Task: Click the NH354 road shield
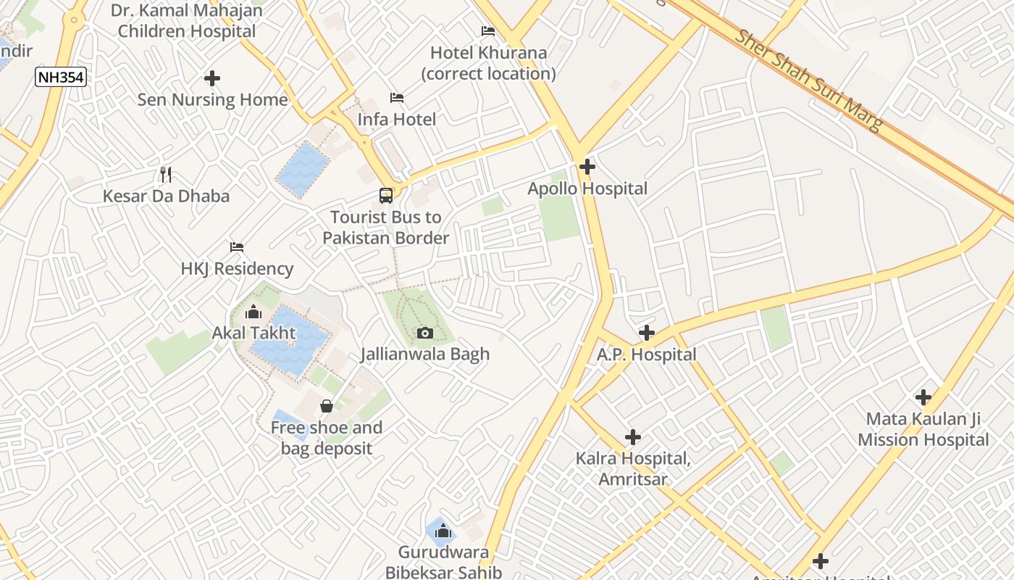pos(61,77)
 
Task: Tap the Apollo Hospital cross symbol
pos(587,167)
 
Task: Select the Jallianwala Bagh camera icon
pos(425,333)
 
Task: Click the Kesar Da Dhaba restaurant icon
pos(166,174)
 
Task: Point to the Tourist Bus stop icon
pos(386,195)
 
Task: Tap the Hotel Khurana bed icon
pos(488,31)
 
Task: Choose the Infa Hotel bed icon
pos(397,98)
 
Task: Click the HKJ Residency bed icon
pos(237,247)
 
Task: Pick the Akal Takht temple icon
pos(253,312)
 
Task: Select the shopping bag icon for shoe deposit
pos(327,405)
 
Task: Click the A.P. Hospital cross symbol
pos(647,333)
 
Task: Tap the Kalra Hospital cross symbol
pos(633,437)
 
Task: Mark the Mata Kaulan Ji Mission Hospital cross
pos(923,397)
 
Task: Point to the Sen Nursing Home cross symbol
pos(212,78)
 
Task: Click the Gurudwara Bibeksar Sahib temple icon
pos(443,531)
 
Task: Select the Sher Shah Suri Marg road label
pos(810,80)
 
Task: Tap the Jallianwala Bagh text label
pos(425,355)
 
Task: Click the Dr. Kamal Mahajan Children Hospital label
pos(187,21)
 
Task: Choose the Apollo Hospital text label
pos(587,189)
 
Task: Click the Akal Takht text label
pos(253,333)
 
